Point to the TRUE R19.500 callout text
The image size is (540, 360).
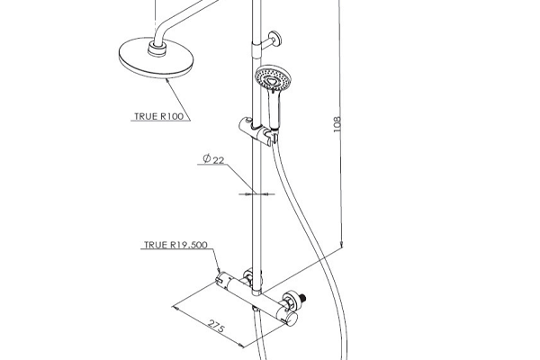tap(176, 244)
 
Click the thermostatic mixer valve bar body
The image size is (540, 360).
tap(256, 296)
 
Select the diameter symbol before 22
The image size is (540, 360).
tap(206, 159)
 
